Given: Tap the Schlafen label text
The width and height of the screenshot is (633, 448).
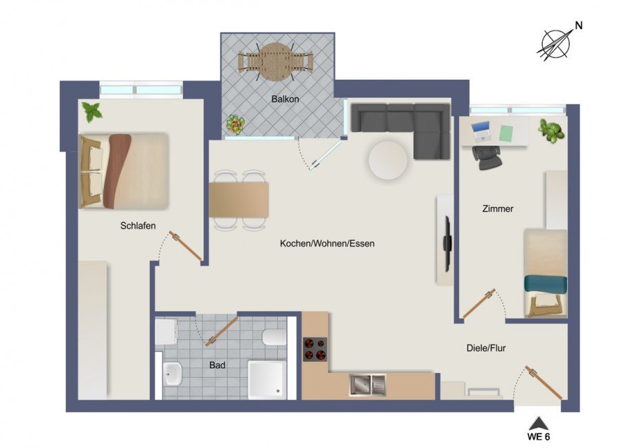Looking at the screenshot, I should [x=138, y=226].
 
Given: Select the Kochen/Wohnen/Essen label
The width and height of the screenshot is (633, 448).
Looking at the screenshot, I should [x=327, y=244].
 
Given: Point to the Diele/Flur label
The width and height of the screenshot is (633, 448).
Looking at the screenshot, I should [x=486, y=348].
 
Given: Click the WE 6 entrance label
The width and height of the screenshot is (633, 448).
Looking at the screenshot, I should [x=538, y=436].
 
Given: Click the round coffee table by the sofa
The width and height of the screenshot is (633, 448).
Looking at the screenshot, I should [x=388, y=160].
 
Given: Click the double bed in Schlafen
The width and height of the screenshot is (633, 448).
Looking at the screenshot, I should [x=124, y=170].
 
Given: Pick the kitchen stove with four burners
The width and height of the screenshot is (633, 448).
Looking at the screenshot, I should [x=316, y=348].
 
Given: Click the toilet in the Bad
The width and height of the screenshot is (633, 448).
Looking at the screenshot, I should [x=274, y=337].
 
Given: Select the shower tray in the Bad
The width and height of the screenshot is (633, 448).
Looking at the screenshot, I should [x=267, y=379].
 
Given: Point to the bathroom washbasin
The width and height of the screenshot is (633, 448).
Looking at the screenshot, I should [x=173, y=375].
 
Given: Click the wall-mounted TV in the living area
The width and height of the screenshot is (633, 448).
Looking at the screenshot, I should [x=447, y=243].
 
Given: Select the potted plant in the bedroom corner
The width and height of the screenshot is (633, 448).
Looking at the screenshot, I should [x=90, y=110].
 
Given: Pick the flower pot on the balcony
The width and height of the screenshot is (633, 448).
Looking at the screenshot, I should [x=236, y=125].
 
